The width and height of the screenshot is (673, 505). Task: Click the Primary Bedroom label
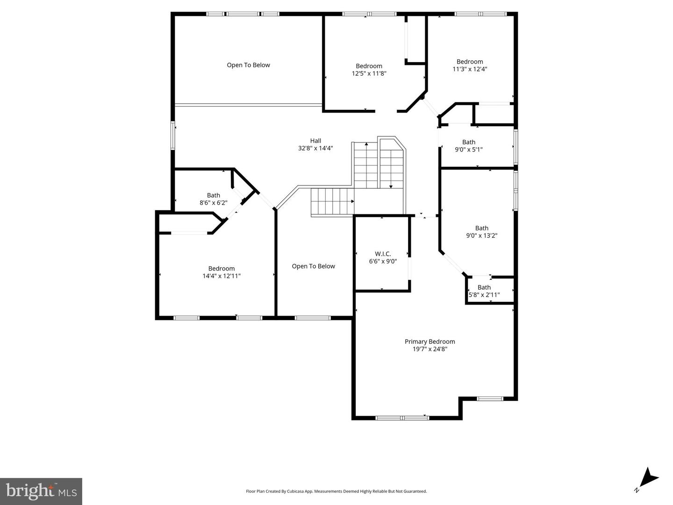pyautogui.click(x=430, y=341)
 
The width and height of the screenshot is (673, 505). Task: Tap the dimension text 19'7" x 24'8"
pyautogui.click(x=430, y=349)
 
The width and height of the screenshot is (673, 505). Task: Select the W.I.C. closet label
pyautogui.click(x=383, y=254)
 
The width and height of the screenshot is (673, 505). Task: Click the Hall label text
pyautogui.click(x=315, y=141)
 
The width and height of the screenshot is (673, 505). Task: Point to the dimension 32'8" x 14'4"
pyautogui.click(x=315, y=148)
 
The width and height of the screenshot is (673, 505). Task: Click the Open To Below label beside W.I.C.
pyautogui.click(x=313, y=266)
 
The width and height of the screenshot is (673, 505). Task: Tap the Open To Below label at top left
pyautogui.click(x=248, y=65)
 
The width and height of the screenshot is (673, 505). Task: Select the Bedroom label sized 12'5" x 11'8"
pyautogui.click(x=369, y=66)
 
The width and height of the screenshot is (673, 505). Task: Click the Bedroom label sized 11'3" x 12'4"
pyautogui.click(x=470, y=62)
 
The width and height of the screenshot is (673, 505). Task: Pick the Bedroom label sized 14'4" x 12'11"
pyautogui.click(x=222, y=269)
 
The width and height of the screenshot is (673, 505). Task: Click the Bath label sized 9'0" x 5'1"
pyautogui.click(x=469, y=142)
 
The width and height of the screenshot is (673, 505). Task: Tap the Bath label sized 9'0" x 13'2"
pyautogui.click(x=481, y=228)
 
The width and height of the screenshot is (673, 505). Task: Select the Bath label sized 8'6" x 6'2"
pyautogui.click(x=213, y=195)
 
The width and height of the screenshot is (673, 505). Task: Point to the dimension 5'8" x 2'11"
pyautogui.click(x=484, y=295)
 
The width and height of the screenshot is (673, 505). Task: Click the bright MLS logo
pyautogui.click(x=41, y=491)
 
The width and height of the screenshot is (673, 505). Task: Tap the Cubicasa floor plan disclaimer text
pyautogui.click(x=336, y=491)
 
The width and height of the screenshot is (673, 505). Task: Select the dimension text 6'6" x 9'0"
pyautogui.click(x=383, y=261)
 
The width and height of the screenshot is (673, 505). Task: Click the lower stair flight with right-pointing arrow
pyautogui.click(x=332, y=201)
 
